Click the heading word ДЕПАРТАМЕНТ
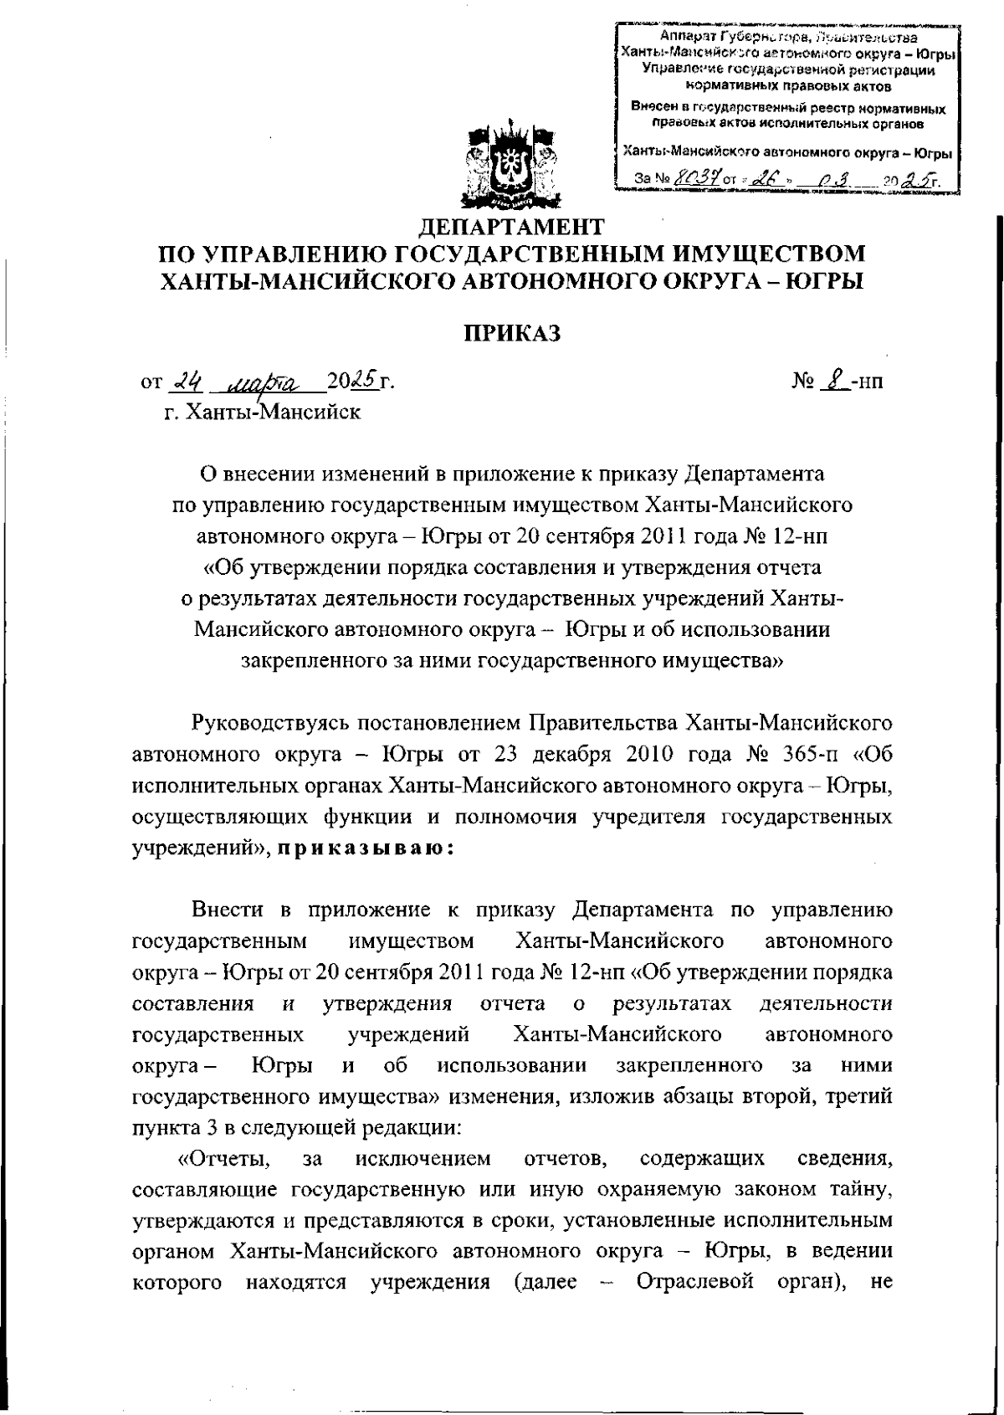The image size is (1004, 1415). (x=511, y=227)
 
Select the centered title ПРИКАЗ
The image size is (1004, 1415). (x=511, y=333)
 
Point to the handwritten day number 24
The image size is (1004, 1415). (x=182, y=382)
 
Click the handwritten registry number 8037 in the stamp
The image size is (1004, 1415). (x=692, y=177)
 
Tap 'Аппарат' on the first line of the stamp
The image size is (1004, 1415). (x=684, y=37)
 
